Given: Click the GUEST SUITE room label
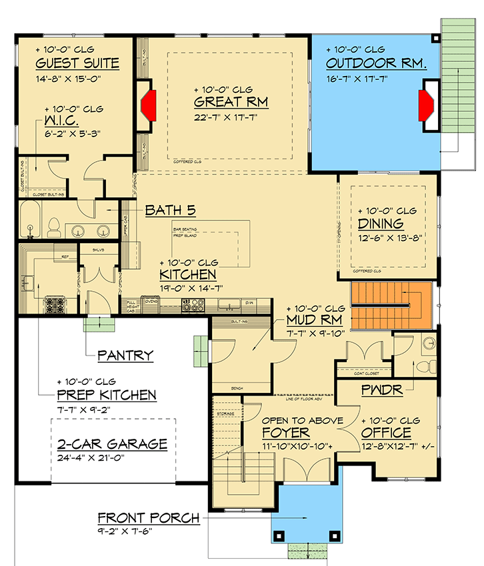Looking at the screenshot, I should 77,64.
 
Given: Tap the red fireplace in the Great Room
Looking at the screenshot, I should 147,102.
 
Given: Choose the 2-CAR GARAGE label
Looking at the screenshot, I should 112,445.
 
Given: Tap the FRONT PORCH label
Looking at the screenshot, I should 148,518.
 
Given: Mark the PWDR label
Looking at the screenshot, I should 382,390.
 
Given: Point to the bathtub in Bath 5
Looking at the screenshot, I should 31,221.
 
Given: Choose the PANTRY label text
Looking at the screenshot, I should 125,356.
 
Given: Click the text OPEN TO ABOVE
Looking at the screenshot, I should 302,421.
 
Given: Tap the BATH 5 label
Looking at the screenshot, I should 170,211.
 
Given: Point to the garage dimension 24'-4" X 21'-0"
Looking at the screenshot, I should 112,458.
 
